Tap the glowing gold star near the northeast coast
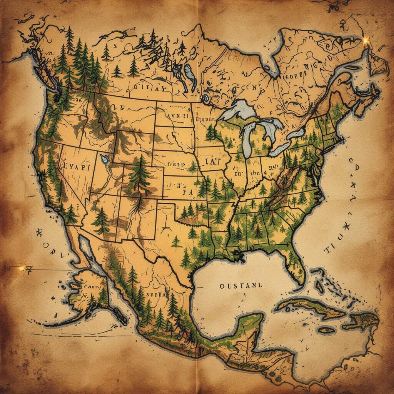[x=365, y=40]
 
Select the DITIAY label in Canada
[x=150, y=87]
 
